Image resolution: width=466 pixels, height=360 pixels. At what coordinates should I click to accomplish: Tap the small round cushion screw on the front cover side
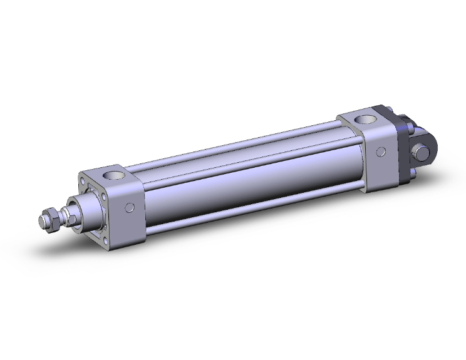[130, 208]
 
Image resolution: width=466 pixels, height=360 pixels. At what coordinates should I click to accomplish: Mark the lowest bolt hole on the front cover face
[106, 240]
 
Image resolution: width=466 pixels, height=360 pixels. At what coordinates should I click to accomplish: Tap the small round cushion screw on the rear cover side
[382, 152]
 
